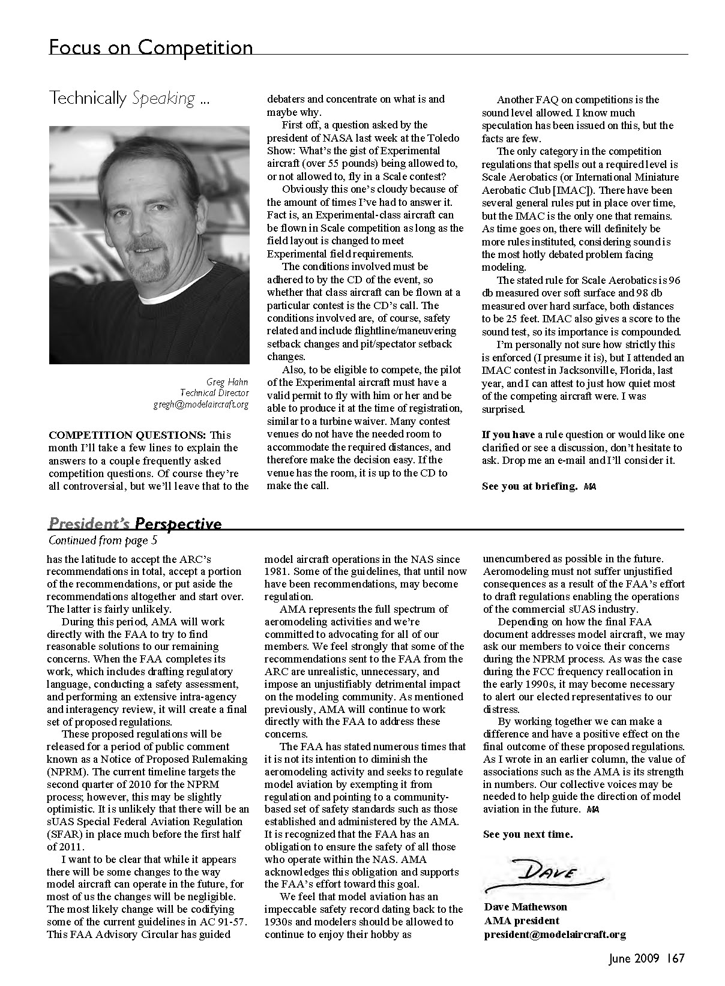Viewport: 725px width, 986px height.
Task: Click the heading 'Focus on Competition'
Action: (x=151, y=47)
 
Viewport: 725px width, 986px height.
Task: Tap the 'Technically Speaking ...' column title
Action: (x=129, y=98)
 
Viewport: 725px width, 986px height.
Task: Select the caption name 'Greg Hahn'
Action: (x=227, y=382)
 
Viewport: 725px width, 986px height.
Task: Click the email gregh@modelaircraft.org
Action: (x=200, y=404)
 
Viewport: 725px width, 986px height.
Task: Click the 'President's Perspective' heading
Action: (x=135, y=524)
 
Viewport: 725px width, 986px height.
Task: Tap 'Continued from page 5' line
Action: (x=103, y=540)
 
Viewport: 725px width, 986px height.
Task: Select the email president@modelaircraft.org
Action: (x=555, y=934)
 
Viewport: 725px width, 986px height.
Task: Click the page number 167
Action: (x=674, y=958)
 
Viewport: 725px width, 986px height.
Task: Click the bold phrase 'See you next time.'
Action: (x=528, y=834)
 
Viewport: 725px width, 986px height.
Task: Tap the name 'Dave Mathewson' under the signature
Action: (x=525, y=907)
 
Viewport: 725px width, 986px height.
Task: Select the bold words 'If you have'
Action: (x=508, y=434)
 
